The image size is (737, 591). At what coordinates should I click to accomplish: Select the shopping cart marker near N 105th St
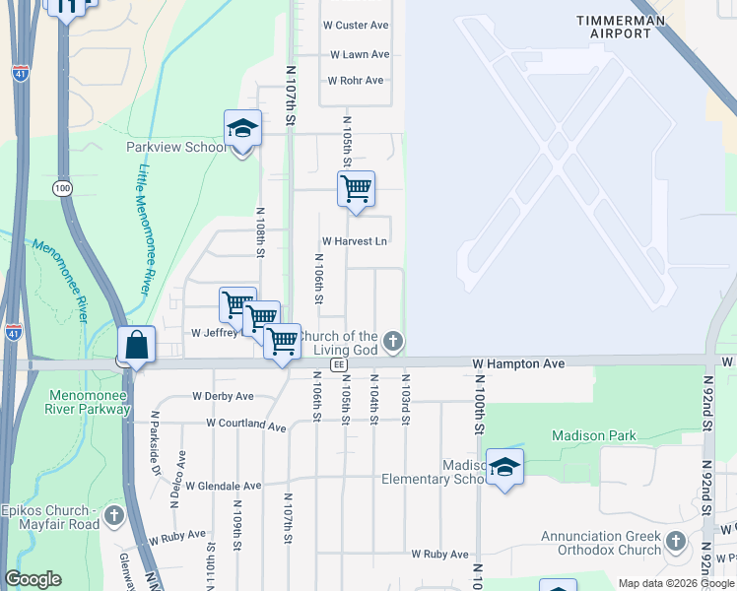pos(356,188)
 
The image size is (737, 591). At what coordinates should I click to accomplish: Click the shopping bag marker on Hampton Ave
pos(137,345)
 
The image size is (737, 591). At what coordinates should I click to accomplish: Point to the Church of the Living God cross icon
pos(393,343)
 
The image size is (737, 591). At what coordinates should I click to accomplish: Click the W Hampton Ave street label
pos(517,363)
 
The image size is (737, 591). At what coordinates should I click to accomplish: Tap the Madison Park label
pos(594,435)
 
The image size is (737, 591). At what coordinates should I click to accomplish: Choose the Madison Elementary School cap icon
pos(504,466)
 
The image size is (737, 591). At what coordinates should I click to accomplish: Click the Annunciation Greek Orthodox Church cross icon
pos(676,541)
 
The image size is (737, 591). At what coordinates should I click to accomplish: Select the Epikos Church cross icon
pos(114,514)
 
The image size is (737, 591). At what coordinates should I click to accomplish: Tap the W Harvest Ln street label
pos(355,241)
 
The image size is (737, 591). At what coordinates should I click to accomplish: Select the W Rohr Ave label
pos(356,80)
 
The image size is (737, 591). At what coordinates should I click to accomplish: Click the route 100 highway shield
pos(64,188)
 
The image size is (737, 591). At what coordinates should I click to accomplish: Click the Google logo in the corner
pos(33,579)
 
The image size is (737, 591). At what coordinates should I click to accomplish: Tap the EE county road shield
pos(339,364)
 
